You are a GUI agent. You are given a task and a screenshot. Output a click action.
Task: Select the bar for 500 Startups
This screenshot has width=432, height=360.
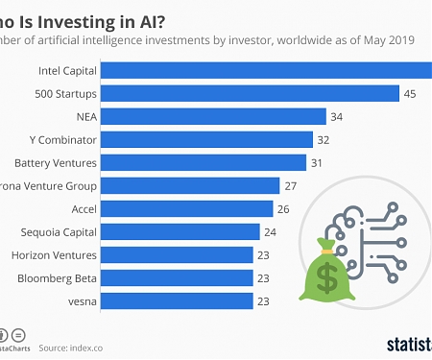pyautogui.click(x=250, y=93)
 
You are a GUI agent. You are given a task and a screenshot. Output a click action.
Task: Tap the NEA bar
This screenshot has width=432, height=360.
pyautogui.click(x=213, y=116)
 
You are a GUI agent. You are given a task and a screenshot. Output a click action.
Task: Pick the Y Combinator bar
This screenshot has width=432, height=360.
pyautogui.click(x=207, y=139)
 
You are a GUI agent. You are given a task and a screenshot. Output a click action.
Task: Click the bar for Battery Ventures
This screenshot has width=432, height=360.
pyautogui.click(x=204, y=162)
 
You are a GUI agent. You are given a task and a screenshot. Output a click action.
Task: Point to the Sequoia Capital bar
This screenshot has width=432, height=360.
pyautogui.click(x=180, y=231)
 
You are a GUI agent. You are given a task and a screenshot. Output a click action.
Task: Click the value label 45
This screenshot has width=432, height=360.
pyautogui.click(x=410, y=93)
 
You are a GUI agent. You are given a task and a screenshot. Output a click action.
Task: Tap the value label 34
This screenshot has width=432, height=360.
pyautogui.click(x=337, y=116)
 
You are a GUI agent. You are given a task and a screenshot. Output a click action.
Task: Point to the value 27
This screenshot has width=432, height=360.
pyautogui.click(x=291, y=185)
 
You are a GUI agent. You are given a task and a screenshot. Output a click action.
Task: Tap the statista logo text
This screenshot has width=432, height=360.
pyautogui.click(x=408, y=343)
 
